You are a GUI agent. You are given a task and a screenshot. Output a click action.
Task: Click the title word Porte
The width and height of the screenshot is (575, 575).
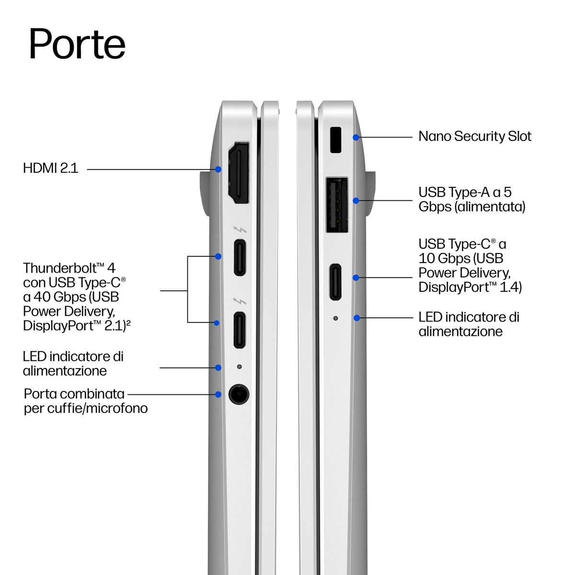click(77, 45)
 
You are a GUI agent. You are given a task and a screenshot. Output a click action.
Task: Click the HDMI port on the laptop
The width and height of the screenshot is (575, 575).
click(239, 172)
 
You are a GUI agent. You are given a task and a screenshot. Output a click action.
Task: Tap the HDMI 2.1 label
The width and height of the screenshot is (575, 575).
click(51, 168)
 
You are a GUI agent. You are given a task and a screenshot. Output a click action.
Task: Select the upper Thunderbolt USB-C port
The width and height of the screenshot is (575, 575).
click(240, 257)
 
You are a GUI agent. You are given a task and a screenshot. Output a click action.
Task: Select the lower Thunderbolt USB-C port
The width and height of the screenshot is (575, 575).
click(239, 330)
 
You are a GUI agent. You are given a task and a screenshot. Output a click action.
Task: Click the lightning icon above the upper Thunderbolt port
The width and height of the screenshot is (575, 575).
click(240, 230)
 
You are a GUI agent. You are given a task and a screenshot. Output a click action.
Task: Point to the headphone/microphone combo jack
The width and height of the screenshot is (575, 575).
click(239, 394)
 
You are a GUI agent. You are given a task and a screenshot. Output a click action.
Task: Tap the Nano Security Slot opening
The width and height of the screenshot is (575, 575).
click(336, 140)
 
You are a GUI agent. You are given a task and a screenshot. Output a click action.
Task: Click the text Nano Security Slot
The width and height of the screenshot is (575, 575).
click(475, 137)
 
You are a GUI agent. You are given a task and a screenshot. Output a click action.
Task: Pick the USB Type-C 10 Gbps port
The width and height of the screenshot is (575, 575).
click(335, 282)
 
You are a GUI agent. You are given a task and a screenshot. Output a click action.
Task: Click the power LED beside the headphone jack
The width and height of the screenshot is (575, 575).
click(239, 367)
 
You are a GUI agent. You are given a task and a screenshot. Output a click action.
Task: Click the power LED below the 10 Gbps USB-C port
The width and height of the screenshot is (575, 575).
click(335, 318)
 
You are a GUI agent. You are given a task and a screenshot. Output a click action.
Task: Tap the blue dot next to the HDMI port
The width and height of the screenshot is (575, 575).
click(218, 169)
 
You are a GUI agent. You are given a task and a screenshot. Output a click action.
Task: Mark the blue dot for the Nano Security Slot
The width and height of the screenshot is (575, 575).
click(356, 137)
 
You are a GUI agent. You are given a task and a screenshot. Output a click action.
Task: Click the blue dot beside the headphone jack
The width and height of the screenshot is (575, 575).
click(218, 394)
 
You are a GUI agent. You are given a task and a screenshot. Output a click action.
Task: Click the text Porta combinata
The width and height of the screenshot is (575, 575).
click(74, 394)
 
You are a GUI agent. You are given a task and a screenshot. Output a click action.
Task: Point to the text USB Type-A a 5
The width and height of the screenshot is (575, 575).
click(465, 192)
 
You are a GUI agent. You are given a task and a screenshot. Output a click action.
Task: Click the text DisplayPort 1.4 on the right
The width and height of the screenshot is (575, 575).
click(470, 287)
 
